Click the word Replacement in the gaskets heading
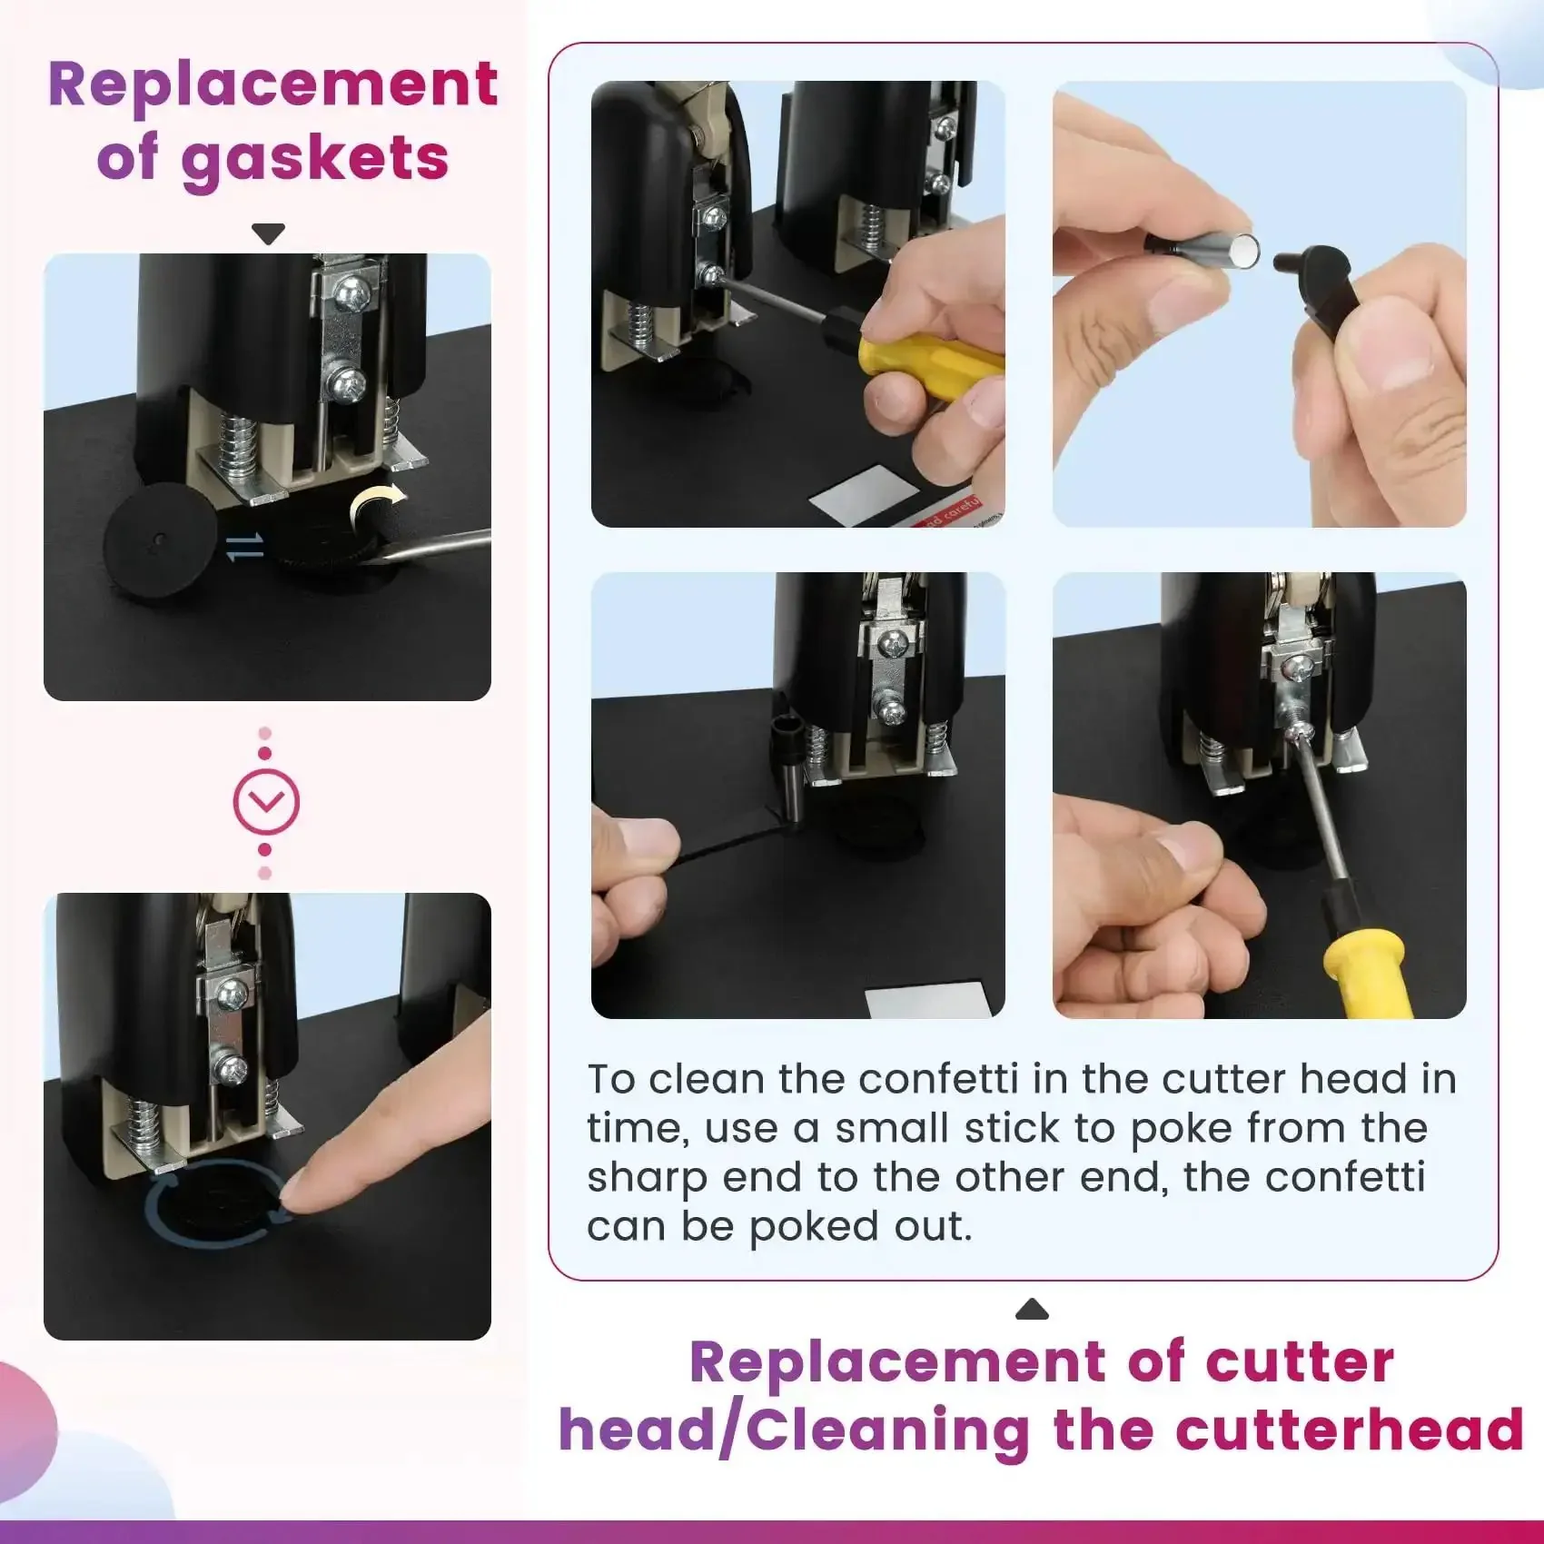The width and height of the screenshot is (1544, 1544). [272, 85]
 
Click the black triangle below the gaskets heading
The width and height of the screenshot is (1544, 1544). [268, 234]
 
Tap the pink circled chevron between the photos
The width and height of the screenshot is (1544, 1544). [266, 802]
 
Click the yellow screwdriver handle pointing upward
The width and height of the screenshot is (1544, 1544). [1368, 977]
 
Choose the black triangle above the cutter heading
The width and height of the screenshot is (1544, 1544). [1032, 1309]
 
